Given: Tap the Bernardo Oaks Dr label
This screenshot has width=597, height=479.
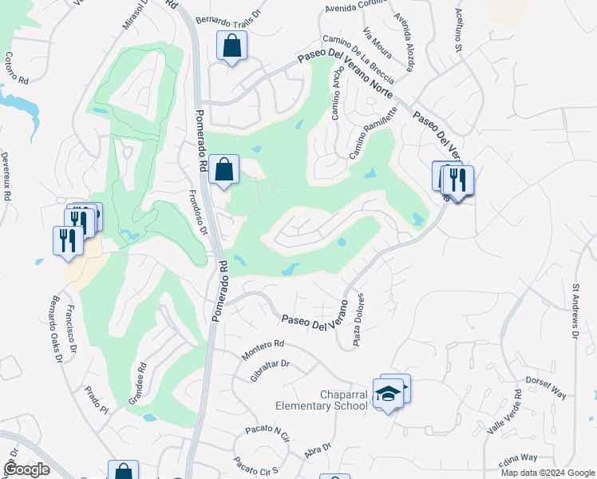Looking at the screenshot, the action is point(53,329).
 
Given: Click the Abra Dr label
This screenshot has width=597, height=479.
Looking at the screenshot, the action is point(317,451).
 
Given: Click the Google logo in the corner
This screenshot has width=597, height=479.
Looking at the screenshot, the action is point(26,469).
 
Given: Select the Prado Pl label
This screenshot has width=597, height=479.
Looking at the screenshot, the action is point(95,402).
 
